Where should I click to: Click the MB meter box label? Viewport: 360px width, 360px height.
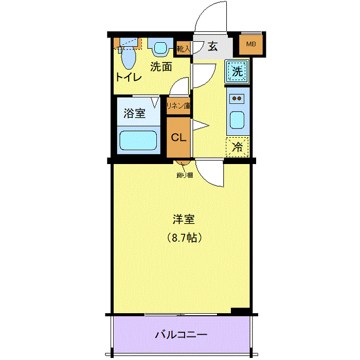[251, 44]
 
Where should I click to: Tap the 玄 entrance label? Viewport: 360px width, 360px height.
[212, 47]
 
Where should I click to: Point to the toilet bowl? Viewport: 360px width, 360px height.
[128, 57]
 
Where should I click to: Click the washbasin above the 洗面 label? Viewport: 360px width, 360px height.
[160, 47]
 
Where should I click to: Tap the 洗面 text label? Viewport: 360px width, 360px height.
[161, 67]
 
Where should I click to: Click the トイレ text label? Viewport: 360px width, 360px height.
[129, 77]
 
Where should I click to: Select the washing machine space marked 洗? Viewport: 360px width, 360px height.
[237, 71]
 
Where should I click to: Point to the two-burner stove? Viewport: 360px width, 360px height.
[237, 99]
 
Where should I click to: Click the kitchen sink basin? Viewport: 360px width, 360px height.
[237, 120]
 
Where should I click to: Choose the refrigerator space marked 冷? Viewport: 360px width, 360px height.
[238, 147]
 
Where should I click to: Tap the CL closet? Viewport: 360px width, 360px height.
[178, 137]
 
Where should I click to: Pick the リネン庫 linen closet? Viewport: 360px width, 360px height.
[178, 106]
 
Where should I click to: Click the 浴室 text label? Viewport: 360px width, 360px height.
[135, 113]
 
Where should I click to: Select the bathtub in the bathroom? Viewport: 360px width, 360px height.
[138, 140]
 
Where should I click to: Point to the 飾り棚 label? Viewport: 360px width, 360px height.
[185, 175]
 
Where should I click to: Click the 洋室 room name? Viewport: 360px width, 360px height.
[184, 219]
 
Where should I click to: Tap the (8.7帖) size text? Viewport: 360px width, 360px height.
[184, 238]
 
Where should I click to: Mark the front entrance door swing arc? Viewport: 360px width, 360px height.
[205, 11]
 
